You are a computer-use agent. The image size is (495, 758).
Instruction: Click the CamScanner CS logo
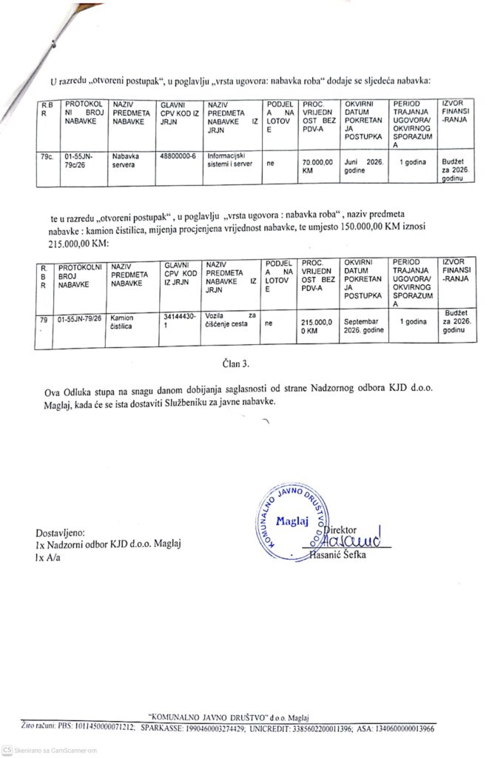click(x=7, y=750)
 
